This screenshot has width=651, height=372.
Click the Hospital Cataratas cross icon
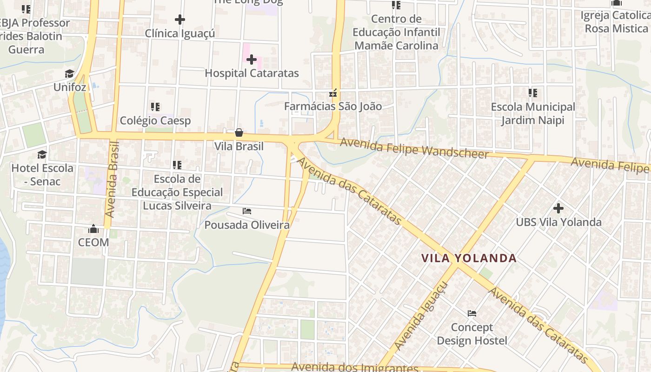(x=252, y=60)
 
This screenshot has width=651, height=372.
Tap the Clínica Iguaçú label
(x=180, y=33)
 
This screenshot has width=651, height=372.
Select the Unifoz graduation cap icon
(x=70, y=74)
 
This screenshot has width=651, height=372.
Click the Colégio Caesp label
(x=155, y=121)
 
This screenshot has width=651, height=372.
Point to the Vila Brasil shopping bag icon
(x=239, y=133)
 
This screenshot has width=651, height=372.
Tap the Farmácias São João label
(x=333, y=106)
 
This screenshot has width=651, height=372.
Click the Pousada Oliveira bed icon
(x=247, y=212)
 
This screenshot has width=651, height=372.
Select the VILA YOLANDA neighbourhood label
(x=469, y=258)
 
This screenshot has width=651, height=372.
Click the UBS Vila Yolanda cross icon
(x=558, y=208)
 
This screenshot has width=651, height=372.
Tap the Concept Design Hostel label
(x=472, y=334)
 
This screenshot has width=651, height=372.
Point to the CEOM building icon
(x=93, y=229)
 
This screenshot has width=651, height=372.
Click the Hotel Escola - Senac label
(x=42, y=175)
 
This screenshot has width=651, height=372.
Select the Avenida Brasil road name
(x=113, y=179)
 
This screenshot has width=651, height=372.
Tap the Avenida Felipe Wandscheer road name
(x=414, y=148)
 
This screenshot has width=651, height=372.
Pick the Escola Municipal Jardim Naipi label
(x=533, y=113)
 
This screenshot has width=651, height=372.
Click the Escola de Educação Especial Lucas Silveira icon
(x=177, y=165)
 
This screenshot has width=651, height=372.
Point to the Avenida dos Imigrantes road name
(x=355, y=367)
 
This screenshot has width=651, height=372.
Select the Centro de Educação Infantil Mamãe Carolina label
(x=396, y=33)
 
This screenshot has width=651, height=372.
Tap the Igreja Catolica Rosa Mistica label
(x=617, y=22)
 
